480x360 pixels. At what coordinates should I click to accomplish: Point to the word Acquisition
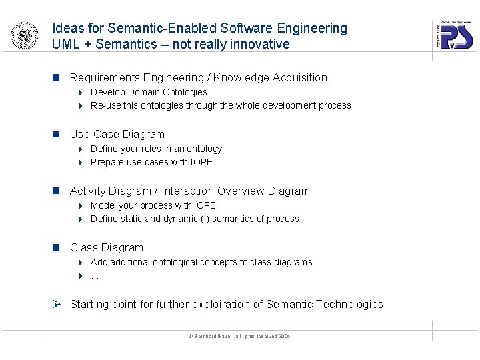(299, 78)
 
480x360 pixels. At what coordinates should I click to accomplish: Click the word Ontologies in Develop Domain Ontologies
(185, 92)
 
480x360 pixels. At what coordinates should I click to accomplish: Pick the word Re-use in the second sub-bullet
(103, 105)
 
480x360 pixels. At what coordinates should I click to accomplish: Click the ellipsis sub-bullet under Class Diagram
(95, 275)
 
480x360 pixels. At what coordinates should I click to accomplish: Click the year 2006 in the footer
(284, 336)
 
